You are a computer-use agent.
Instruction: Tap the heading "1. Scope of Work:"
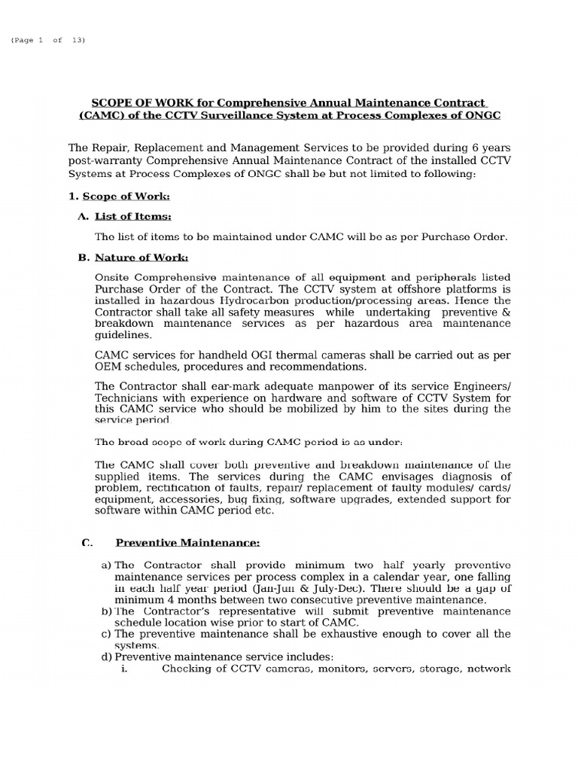click(x=120, y=197)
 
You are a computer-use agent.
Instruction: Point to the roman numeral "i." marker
click(x=125, y=668)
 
